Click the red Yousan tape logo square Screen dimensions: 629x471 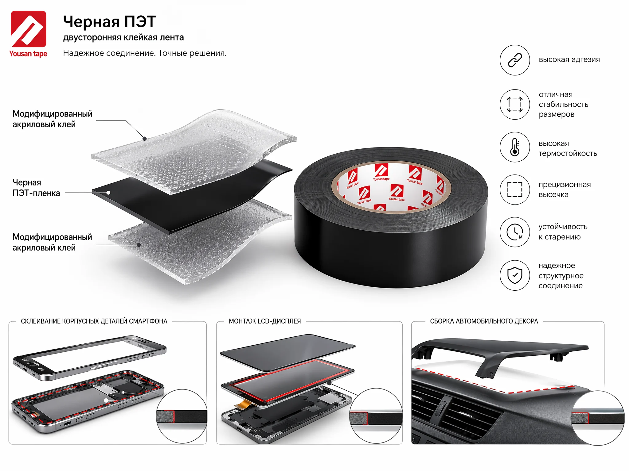[x=29, y=29]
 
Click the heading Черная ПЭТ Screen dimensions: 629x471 [x=110, y=21]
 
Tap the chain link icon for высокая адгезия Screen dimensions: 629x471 [x=515, y=60]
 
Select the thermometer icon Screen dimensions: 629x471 [x=515, y=147]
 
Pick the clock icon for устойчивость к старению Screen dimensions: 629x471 [x=515, y=232]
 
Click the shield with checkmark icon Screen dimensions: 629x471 [x=515, y=275]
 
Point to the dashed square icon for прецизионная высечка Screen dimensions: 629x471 [x=515, y=190]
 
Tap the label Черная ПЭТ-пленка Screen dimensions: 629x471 [x=36, y=188]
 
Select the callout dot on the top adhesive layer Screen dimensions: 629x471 [x=144, y=139]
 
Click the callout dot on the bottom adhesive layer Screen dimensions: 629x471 [x=139, y=245]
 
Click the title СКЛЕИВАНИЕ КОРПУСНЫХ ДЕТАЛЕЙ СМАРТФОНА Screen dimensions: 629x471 [x=94, y=321]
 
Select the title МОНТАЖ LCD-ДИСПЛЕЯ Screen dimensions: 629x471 [x=265, y=321]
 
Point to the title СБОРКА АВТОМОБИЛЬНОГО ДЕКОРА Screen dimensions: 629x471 [x=484, y=321]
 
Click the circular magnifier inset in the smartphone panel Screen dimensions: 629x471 [x=182, y=416]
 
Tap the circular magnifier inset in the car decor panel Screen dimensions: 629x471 [x=598, y=418]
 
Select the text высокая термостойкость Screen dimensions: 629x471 [x=568, y=148]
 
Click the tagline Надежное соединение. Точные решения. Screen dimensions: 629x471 [x=145, y=53]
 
